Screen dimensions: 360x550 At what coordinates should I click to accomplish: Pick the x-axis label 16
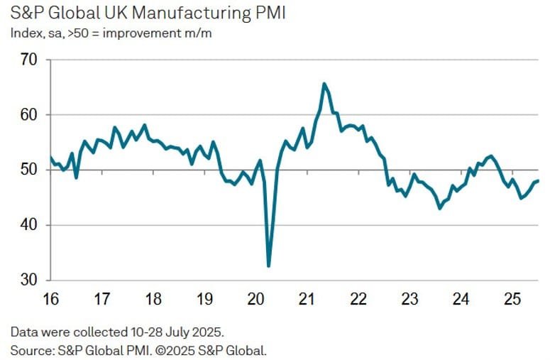pos(50,299)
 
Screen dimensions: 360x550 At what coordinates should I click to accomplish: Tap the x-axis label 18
pos(153,299)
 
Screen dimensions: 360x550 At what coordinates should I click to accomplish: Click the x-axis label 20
pos(256,299)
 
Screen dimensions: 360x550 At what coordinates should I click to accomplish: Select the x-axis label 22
pos(358,299)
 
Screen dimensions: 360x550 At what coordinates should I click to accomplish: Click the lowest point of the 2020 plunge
pos(268,266)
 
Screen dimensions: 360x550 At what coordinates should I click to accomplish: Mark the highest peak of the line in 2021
pos(324,84)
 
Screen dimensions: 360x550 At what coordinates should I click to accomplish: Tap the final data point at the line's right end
pos(538,180)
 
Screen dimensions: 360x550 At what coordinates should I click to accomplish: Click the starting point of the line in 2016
pos(50,157)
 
